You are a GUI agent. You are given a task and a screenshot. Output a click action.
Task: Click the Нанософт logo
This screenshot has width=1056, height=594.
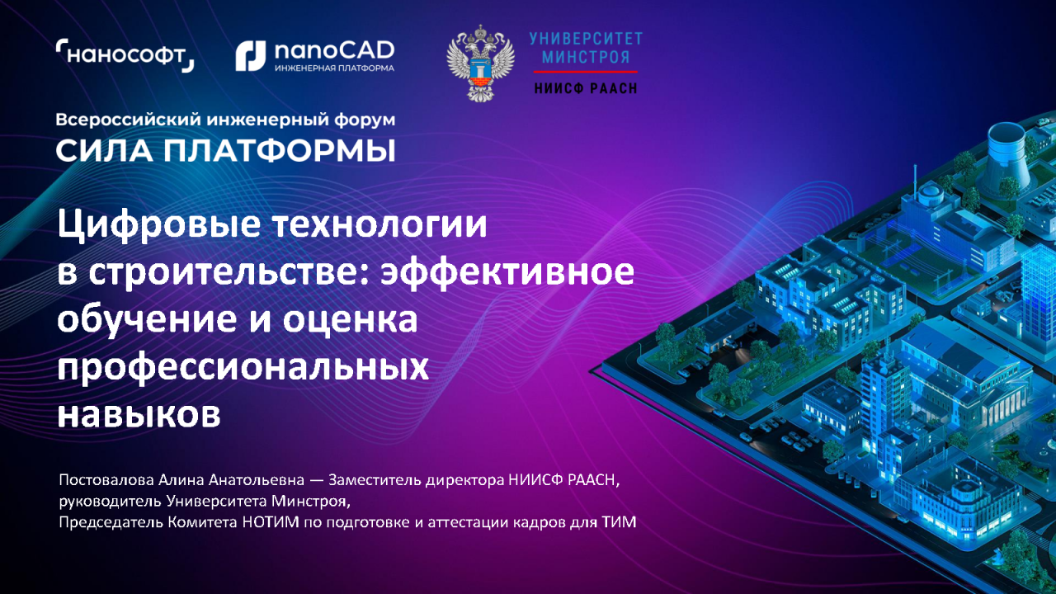125,55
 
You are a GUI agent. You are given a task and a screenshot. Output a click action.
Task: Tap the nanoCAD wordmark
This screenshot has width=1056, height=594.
334,50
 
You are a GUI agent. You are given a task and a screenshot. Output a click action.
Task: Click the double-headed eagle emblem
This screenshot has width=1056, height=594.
480,64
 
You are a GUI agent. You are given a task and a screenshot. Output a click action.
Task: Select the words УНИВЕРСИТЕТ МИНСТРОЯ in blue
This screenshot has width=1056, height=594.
586,48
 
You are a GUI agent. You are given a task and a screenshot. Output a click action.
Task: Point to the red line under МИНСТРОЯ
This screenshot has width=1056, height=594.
586,72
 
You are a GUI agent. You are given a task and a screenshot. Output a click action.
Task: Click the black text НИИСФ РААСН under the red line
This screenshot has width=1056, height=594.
586,88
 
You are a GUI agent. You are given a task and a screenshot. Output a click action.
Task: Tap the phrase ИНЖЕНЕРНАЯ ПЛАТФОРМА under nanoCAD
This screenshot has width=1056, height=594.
334,68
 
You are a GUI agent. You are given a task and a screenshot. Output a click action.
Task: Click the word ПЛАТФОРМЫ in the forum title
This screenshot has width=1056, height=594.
279,151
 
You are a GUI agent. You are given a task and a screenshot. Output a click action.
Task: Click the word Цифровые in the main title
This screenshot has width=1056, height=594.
159,225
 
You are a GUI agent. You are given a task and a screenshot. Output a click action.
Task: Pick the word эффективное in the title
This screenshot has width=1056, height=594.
507,272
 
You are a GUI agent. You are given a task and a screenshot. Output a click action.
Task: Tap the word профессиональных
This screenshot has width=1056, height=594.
243,368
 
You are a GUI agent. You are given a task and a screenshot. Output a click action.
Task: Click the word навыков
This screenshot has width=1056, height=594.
139,415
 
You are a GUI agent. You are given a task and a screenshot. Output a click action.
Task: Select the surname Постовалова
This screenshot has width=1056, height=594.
106,480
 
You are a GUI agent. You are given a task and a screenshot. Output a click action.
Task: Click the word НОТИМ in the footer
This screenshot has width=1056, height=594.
271,522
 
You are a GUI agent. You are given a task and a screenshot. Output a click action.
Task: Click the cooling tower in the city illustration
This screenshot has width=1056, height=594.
1006,156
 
